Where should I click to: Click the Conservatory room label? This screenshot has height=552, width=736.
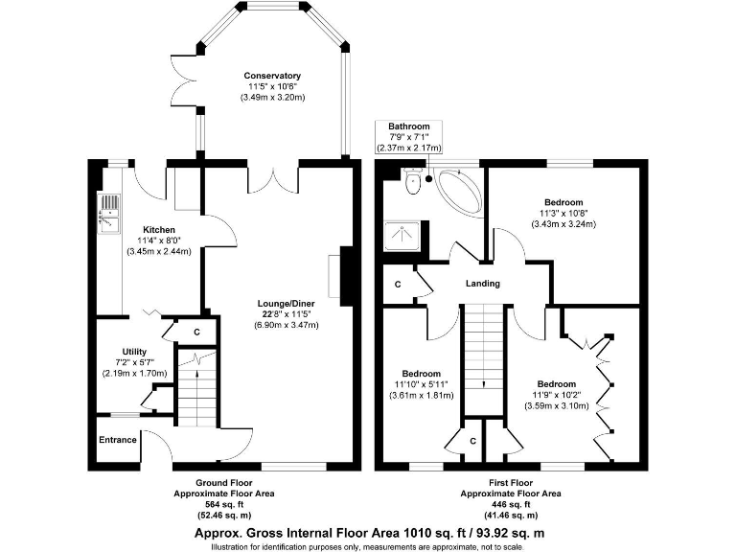coord(272,76)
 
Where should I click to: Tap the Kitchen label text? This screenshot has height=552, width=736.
coord(159,230)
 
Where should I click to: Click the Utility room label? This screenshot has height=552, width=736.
coord(134,352)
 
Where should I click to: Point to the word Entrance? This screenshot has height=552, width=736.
coord(117,441)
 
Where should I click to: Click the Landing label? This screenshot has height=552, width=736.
coord(482,283)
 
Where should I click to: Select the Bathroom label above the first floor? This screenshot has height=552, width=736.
coord(408,126)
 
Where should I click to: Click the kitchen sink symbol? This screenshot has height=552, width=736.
coord(108,213)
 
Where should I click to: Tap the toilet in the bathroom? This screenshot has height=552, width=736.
coord(413,181)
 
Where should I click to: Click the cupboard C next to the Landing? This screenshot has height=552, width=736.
coord(398,286)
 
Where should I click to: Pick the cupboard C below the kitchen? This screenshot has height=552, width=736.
coord(196,332)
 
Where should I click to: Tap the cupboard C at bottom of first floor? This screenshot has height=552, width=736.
coord(473,440)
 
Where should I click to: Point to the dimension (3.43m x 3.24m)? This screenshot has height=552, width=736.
coord(563,224)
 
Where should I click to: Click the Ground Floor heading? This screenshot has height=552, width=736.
coord(223,483)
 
